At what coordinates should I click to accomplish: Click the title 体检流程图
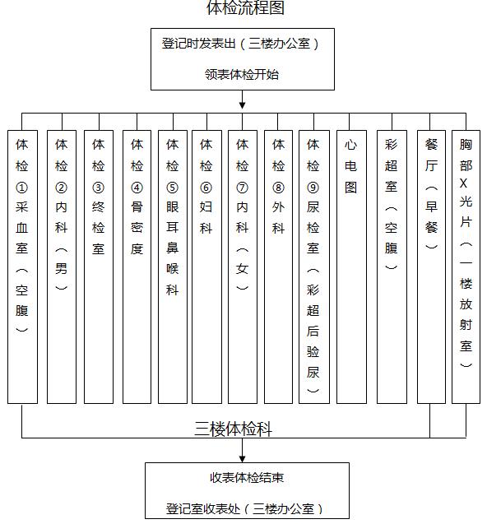(x=245, y=7)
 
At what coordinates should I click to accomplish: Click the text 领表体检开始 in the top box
(x=242, y=74)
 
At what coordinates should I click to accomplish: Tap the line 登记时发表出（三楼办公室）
(x=241, y=44)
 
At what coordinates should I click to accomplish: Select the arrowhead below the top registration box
(x=243, y=105)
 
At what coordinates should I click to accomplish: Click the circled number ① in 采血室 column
(x=21, y=188)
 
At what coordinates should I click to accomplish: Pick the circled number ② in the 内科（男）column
(x=61, y=188)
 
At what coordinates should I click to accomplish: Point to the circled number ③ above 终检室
(x=98, y=188)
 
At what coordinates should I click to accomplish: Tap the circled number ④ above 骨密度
(x=137, y=188)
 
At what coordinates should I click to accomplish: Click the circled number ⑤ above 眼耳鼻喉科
(x=172, y=188)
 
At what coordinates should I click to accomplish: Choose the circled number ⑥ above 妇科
(x=206, y=188)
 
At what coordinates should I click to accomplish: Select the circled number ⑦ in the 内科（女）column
(x=242, y=188)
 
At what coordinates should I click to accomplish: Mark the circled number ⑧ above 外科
(x=278, y=188)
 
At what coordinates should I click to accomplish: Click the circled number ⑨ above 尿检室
(x=313, y=188)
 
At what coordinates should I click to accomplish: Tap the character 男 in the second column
(x=61, y=268)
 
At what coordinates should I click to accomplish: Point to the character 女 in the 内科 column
(x=242, y=268)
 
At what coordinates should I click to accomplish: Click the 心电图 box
(x=351, y=267)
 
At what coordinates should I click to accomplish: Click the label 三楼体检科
(x=233, y=429)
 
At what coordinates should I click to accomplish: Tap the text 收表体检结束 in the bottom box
(x=247, y=478)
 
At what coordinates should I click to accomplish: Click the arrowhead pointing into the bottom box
(x=243, y=458)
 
